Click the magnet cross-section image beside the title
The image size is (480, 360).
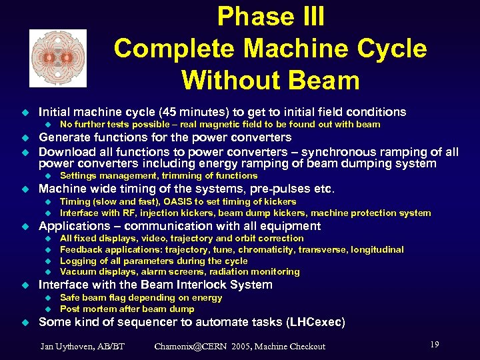tap(58, 58)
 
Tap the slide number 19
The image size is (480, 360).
tap(434, 344)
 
